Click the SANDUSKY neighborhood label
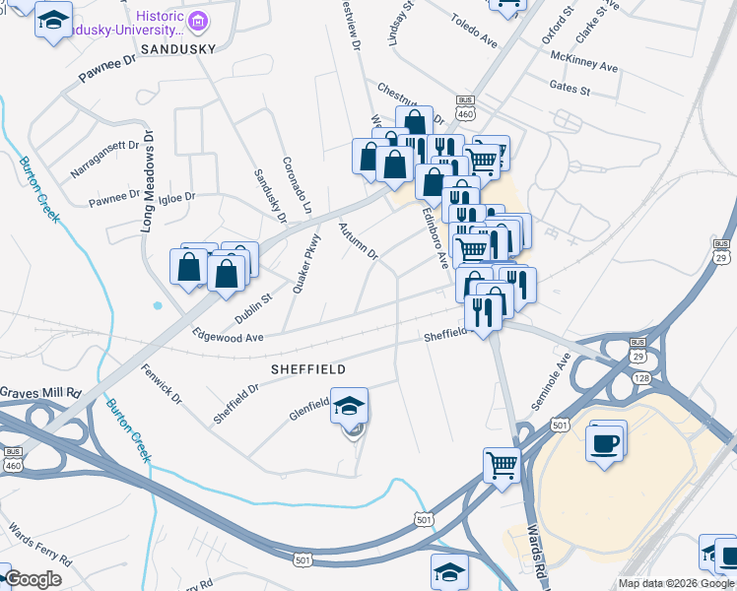177,47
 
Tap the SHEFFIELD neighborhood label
308,368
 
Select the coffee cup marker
605,440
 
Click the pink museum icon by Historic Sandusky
199,20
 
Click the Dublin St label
253,307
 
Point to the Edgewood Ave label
229,336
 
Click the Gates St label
569,91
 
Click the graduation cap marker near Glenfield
349,405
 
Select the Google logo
33,579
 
